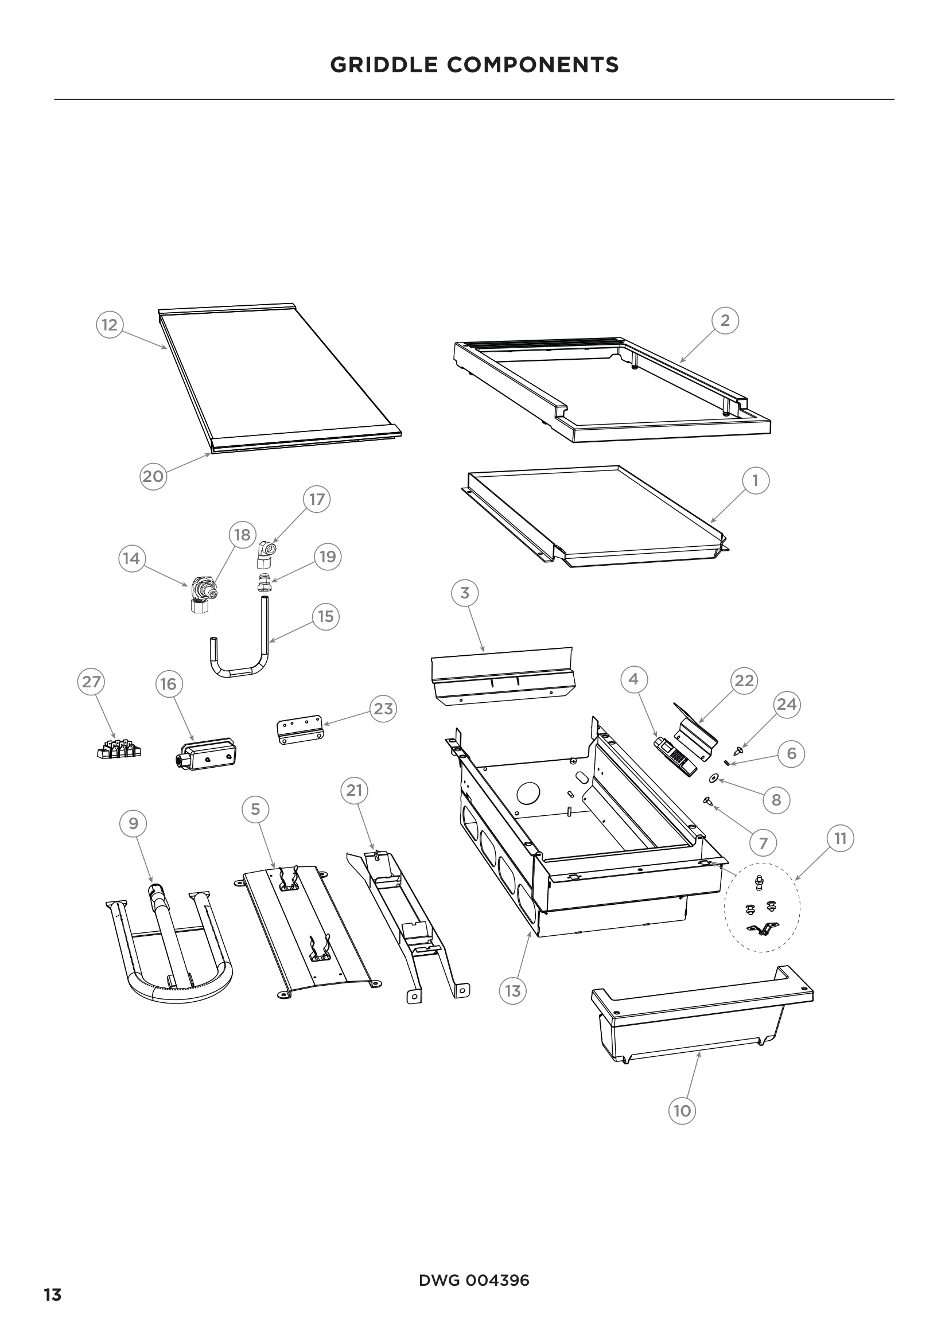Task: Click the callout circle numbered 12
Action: tap(110, 325)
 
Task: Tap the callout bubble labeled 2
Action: tap(725, 320)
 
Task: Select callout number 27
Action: tap(91, 682)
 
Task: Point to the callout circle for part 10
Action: tap(682, 1111)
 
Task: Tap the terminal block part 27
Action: tap(119, 750)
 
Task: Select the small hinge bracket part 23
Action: tap(298, 729)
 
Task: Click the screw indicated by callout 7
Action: tap(707, 801)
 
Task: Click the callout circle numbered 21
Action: tap(354, 791)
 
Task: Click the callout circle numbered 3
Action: tap(465, 593)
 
